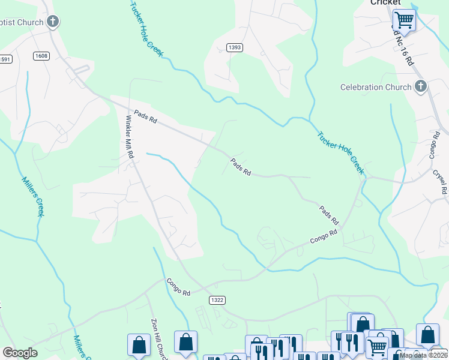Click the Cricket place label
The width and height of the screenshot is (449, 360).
[x=385, y=3]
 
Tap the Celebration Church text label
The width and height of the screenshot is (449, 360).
[x=376, y=87]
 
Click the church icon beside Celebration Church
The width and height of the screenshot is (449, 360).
[x=420, y=87]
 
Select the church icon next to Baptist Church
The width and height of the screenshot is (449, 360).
[x=53, y=23]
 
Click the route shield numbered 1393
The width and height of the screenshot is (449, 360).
[x=235, y=47]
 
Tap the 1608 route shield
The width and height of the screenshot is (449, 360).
[x=41, y=56]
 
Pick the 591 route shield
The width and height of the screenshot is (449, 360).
[x=5, y=59]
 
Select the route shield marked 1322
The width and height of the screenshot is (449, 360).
[x=217, y=299]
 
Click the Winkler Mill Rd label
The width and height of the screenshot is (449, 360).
[x=129, y=137]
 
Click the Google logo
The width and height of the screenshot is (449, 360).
[x=20, y=353]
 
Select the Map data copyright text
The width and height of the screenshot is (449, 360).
[x=424, y=355]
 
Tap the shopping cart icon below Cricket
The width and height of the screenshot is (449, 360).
[x=404, y=20]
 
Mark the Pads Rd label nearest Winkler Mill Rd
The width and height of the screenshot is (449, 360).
[x=145, y=116]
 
